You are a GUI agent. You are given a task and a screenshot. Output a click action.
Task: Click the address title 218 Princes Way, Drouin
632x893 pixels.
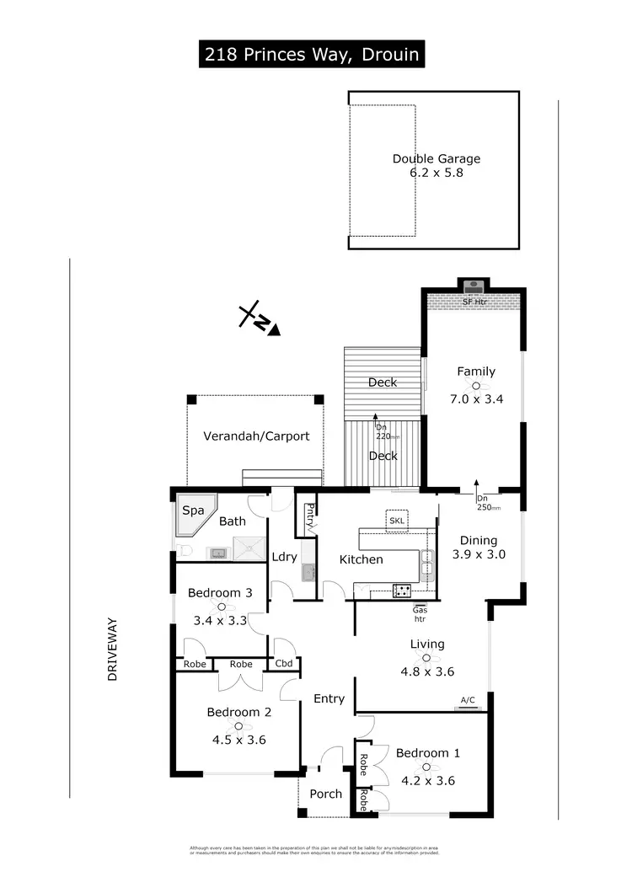(311, 56)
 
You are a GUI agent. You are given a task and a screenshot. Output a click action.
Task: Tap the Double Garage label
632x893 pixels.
(436, 158)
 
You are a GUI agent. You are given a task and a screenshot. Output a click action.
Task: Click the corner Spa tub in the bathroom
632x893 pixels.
(192, 515)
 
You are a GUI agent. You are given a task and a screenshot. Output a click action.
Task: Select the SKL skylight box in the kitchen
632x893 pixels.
(396, 521)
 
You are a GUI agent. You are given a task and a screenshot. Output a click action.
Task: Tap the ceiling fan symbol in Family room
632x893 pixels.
(476, 385)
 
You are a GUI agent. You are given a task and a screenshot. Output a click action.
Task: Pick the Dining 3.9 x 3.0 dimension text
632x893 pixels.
(478, 554)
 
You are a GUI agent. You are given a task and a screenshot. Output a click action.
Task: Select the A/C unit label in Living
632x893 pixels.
(468, 699)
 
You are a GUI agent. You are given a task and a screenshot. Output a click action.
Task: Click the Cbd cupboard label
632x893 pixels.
(284, 664)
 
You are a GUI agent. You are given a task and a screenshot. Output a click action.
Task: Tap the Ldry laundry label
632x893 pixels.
(283, 557)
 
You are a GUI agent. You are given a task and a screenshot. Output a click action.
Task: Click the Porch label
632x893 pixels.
(325, 794)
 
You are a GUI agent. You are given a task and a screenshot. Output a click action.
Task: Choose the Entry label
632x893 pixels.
(329, 698)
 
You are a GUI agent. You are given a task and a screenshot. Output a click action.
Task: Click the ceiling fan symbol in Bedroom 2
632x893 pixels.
(238, 726)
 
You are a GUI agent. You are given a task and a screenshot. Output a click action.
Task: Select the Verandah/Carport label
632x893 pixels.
(256, 436)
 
